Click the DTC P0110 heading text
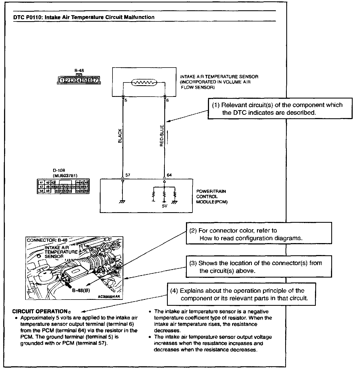(x=84, y=17)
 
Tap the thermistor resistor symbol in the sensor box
(x=144, y=82)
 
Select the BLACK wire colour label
(x=120, y=136)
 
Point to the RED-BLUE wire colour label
(x=162, y=136)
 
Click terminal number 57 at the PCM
(x=128, y=175)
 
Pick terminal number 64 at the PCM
(x=169, y=175)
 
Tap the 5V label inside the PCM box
(x=165, y=206)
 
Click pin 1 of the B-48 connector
(x=62, y=80)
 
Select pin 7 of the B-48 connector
(x=95, y=80)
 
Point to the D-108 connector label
(x=59, y=170)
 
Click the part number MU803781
(x=65, y=176)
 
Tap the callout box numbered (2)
(x=259, y=234)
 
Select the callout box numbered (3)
(x=259, y=266)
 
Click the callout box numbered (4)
(x=241, y=294)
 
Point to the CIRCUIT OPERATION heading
(x=40, y=311)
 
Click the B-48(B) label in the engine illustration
(x=81, y=290)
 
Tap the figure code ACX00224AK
(x=109, y=297)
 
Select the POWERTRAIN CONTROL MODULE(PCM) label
(x=211, y=196)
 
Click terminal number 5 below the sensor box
(x=126, y=101)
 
